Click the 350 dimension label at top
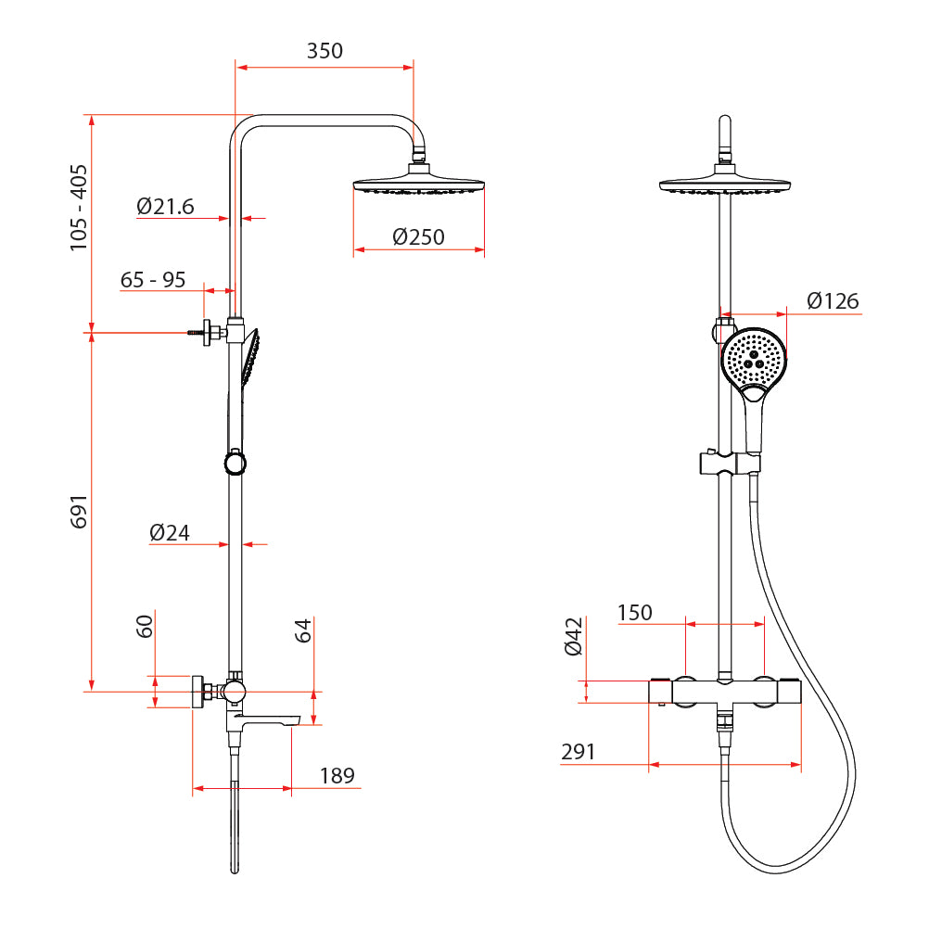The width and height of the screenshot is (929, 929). tap(325, 51)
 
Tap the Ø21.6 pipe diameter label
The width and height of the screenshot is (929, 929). tap(165, 206)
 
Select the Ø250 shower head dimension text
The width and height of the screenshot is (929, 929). tap(418, 237)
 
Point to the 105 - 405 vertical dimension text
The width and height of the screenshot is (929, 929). tap(79, 208)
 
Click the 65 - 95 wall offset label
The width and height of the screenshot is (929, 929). tap(153, 280)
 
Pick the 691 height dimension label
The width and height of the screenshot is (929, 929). tap(79, 512)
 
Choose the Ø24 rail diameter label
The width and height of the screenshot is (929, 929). tap(170, 532)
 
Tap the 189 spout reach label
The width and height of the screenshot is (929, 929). tap(337, 775)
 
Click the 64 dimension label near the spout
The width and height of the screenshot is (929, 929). tap(303, 630)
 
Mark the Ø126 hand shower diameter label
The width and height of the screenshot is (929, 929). tap(833, 301)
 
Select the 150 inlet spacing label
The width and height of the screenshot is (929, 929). tap(634, 613)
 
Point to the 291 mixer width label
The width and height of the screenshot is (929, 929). tap(578, 752)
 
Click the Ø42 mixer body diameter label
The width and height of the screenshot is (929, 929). tap(574, 637)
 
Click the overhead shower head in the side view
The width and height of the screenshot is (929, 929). tap(419, 180)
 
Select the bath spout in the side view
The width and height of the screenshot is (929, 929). tap(264, 719)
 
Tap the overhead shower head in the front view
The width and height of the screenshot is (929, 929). tap(725, 180)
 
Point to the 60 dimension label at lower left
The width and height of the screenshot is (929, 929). tap(145, 626)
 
